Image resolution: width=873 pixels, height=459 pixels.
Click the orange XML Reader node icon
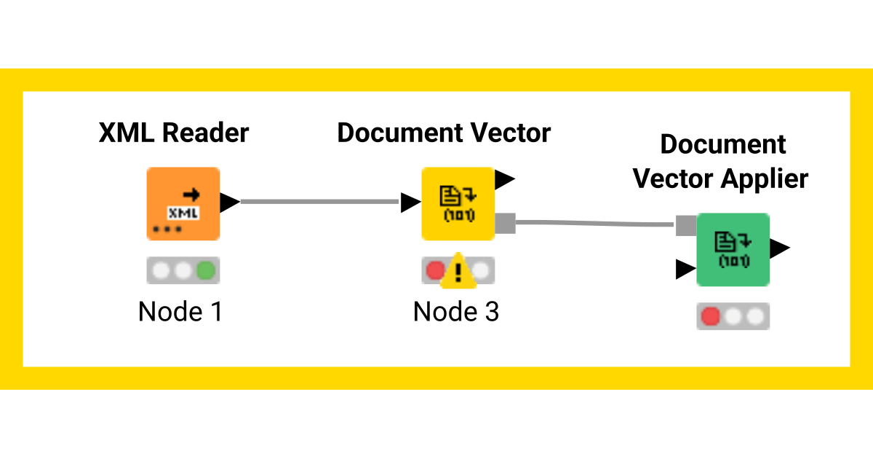[183, 204]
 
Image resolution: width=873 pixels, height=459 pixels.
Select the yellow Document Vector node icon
[458, 204]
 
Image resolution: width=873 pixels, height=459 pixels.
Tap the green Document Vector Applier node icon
[733, 250]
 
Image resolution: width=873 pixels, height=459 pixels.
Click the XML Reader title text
[174, 133]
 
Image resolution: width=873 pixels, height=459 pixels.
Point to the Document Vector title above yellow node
[444, 133]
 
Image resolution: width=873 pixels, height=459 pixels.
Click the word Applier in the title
[765, 178]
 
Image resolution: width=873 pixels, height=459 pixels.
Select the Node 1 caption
[180, 312]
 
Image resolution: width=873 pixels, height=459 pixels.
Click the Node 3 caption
[456, 312]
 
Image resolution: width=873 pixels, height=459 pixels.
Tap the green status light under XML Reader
[207, 271]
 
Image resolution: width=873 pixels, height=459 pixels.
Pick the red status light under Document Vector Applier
[709, 317]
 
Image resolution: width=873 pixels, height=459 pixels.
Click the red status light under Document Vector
[434, 271]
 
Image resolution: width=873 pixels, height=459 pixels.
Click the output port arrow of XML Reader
[229, 203]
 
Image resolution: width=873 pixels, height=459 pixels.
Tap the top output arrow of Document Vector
[504, 178]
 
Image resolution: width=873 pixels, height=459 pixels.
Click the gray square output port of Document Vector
[505, 224]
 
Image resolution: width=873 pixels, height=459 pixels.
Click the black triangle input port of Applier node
[685, 269]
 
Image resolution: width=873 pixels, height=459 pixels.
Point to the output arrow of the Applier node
[780, 248]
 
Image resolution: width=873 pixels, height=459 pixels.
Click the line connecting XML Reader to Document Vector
[320, 202]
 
